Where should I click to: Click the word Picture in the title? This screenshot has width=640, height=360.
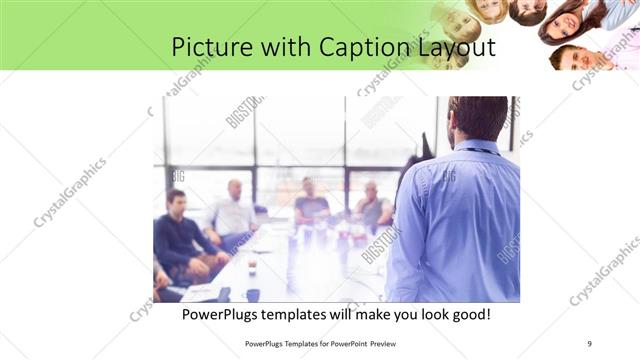click(206, 47)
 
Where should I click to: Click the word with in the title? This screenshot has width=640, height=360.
click(281, 47)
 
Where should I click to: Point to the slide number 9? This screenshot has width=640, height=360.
click(589, 343)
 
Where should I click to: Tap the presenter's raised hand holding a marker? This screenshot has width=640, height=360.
click(427, 146)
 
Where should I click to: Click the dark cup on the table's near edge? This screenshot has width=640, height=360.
click(253, 294)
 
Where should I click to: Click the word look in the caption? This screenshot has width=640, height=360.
click(432, 314)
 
